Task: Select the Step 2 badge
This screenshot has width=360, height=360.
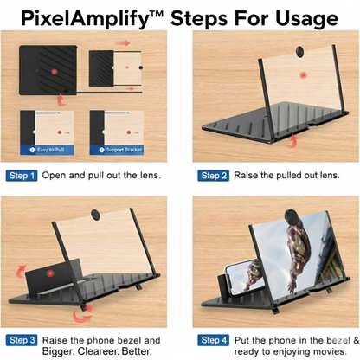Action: [x=214, y=176]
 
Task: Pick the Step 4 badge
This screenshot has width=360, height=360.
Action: [x=214, y=340]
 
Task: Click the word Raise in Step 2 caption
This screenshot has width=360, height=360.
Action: [x=247, y=176]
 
